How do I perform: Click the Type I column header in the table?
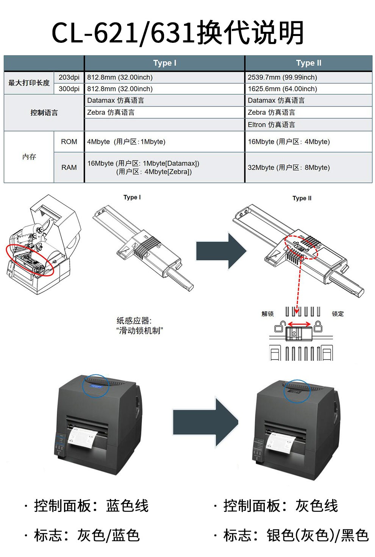tap(164, 63)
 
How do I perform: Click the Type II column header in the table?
tap(308, 63)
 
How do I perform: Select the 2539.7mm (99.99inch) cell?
tap(282, 77)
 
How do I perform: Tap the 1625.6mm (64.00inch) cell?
tap(282, 89)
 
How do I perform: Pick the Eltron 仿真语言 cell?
tap(271, 125)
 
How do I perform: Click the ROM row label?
tap(69, 142)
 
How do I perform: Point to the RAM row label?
tap(69, 167)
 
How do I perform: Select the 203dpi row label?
tap(69, 77)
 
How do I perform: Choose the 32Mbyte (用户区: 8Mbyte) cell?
tap(289, 167)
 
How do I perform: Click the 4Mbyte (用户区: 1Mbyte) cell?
tap(126, 142)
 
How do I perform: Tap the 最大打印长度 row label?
tap(29, 83)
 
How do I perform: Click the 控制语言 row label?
tap(44, 113)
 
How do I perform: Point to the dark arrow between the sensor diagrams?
tap(220, 251)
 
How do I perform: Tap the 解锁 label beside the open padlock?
tap(267, 314)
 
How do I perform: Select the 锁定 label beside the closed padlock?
tap(337, 314)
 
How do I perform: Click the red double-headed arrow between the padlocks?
tap(299, 324)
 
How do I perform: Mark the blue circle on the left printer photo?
tap(95, 386)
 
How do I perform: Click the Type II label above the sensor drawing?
tap(302, 198)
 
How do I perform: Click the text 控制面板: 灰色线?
tap(280, 506)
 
